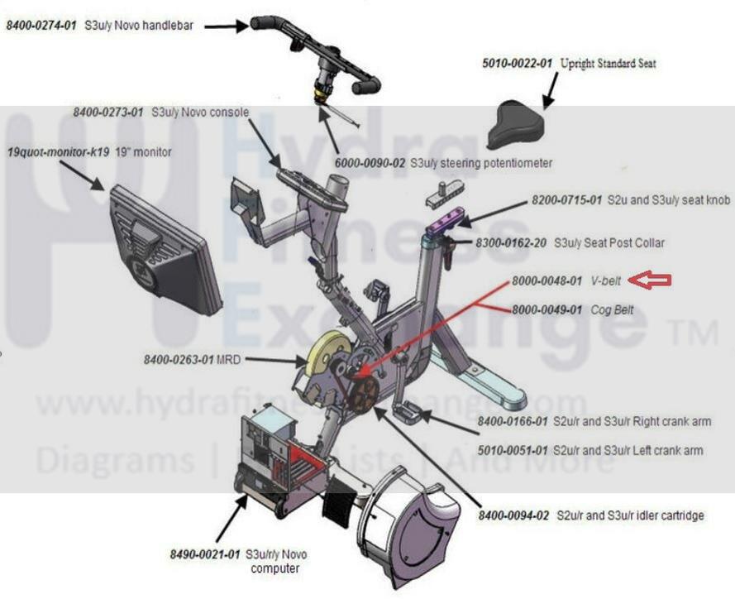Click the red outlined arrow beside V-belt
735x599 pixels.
click(x=649, y=281)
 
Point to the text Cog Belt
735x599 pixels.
click(x=613, y=309)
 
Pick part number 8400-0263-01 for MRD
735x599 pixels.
click(x=179, y=360)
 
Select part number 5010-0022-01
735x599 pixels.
click(x=518, y=64)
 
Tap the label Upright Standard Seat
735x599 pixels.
click(x=609, y=64)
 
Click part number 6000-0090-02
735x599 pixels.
click(x=375, y=163)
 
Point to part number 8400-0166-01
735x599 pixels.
click(x=513, y=422)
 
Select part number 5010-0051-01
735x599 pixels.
click(x=513, y=451)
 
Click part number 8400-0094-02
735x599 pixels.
click(x=513, y=515)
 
